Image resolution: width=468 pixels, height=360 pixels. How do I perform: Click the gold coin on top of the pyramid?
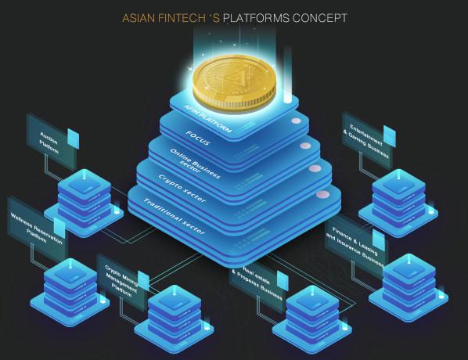click(x=234, y=83)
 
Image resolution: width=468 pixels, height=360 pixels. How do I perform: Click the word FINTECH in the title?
click(x=182, y=18)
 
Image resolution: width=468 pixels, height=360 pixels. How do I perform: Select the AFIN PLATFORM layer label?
click(x=207, y=119)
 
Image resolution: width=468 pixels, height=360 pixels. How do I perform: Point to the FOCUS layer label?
click(x=198, y=138)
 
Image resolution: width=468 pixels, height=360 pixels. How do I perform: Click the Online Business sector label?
click(x=195, y=163)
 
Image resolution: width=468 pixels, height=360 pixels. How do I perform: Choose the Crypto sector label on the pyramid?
click(x=182, y=189)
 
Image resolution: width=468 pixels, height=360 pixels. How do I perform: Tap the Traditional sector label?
click(x=174, y=216)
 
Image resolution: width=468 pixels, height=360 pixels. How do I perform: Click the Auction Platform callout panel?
click(x=52, y=142)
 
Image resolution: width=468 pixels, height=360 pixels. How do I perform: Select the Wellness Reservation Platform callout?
click(x=37, y=229)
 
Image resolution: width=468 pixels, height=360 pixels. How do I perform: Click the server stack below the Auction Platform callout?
click(x=84, y=203)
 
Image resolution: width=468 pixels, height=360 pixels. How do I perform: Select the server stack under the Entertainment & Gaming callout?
click(x=398, y=203)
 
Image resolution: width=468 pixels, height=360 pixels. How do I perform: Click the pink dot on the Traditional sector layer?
click(x=322, y=195)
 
